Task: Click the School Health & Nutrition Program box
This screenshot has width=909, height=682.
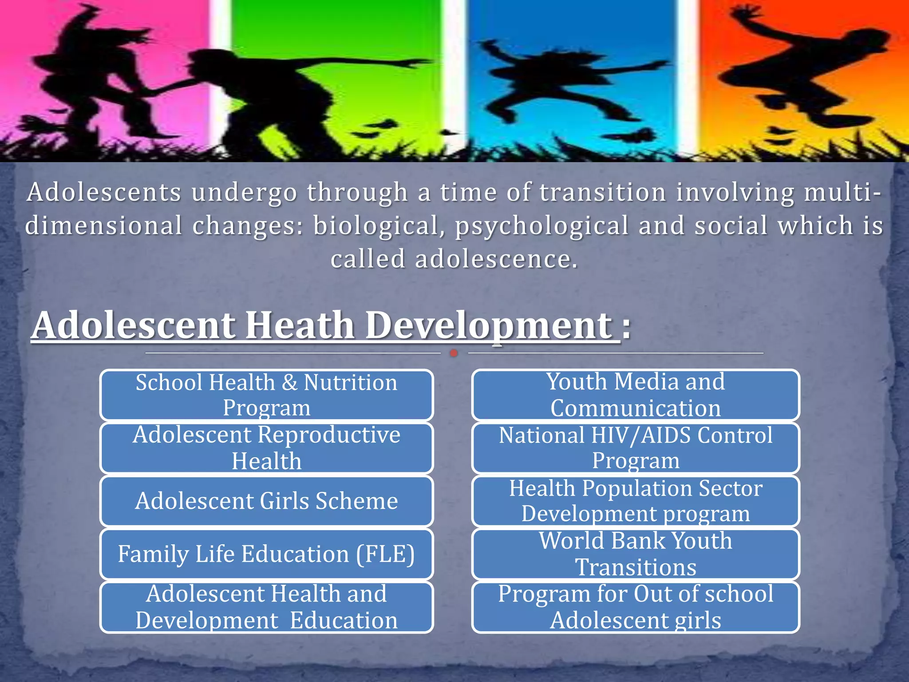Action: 266,395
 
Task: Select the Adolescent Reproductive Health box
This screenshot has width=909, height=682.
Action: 266,448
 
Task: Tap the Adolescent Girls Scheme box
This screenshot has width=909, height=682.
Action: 266,501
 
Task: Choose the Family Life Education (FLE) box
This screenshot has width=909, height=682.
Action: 266,554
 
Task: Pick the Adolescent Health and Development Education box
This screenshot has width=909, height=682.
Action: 266,607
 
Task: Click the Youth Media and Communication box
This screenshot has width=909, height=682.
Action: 636,395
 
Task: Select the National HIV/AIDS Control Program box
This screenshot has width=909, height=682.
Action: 636,448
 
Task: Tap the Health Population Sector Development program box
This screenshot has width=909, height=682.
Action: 636,501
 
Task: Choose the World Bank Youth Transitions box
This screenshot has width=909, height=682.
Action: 636,554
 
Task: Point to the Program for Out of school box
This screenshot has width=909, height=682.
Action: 636,607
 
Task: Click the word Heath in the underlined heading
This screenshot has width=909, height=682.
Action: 300,325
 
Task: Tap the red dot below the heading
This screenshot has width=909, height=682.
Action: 454,353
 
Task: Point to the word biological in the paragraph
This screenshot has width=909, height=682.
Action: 375,225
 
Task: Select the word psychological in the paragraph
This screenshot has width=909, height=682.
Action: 541,226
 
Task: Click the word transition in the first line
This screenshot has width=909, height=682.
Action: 603,192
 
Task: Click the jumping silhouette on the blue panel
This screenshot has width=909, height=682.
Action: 564,84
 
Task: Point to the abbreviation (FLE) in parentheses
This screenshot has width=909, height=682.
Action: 385,555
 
